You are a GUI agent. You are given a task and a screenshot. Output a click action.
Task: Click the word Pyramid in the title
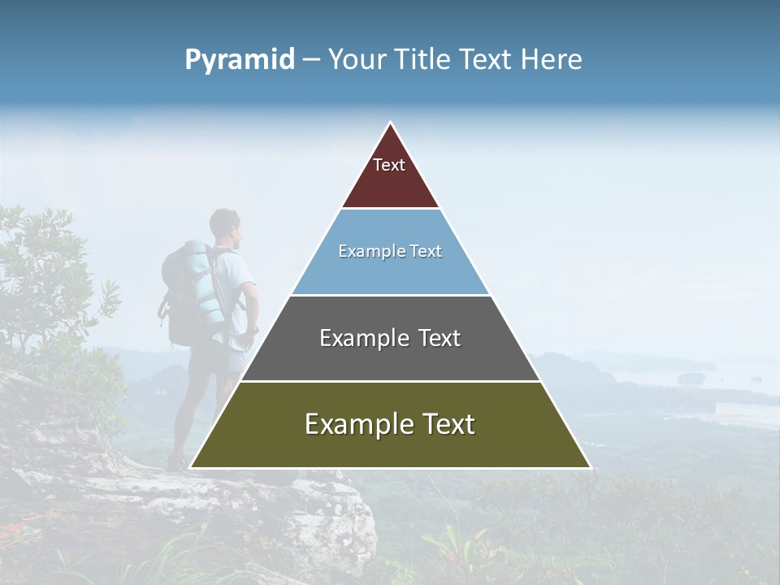tap(239, 60)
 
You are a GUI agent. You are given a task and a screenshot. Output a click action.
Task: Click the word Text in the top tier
tap(389, 165)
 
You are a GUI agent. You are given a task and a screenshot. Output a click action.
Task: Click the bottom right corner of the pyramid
tap(589, 467)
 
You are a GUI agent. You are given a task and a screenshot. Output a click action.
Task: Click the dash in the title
tap(311, 60)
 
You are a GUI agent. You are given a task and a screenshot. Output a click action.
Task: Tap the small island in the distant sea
tap(692, 379)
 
